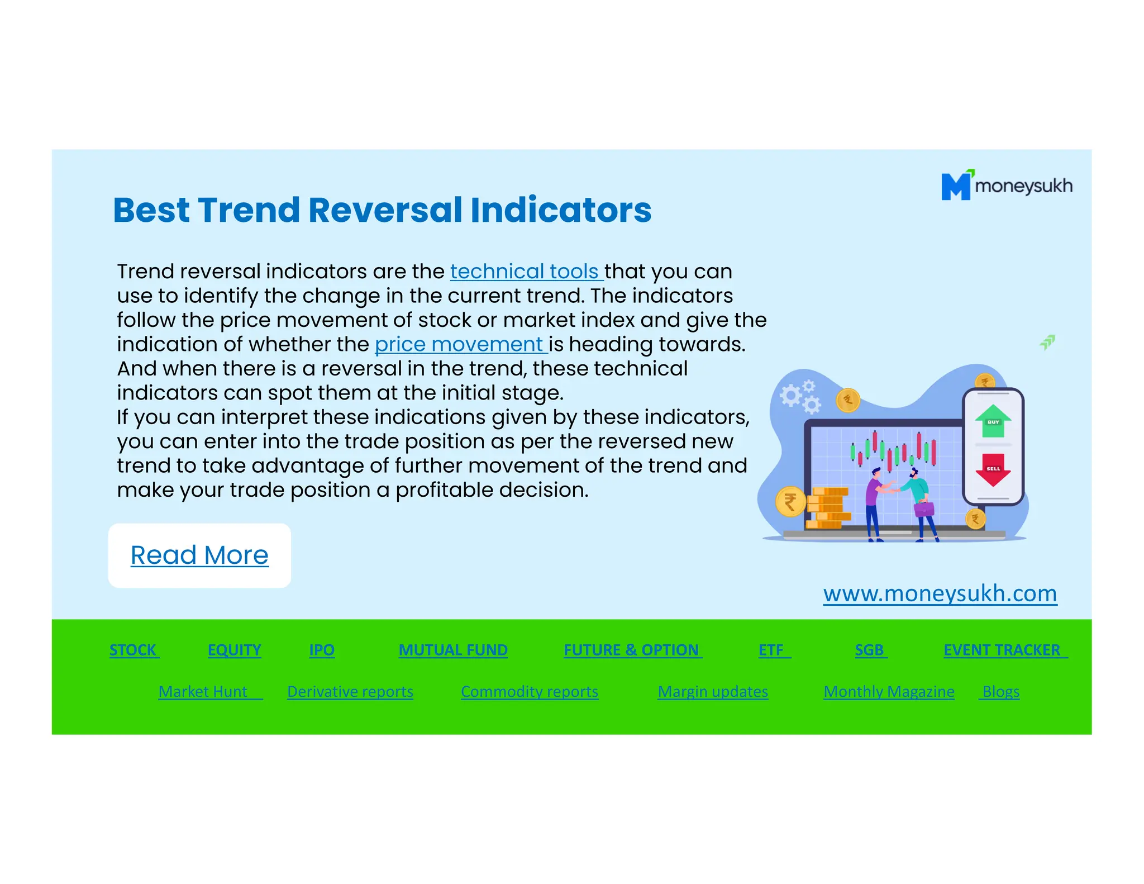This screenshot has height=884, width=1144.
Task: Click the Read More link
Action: coord(199,555)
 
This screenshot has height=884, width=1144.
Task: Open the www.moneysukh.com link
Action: coord(940,593)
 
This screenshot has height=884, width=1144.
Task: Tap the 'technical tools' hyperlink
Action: coord(526,272)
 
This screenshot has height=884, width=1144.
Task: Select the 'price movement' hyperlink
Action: coord(460,344)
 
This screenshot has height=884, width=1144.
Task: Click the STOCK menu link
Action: coord(133,650)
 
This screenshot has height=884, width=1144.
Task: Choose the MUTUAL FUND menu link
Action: coord(452,650)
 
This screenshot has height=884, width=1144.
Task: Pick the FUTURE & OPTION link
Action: coord(631,650)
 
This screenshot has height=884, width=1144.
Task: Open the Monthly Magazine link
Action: coord(889,692)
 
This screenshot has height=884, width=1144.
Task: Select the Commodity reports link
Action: coord(529,692)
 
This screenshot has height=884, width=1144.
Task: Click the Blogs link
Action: coord(1000,692)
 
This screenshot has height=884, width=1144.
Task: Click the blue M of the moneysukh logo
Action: coord(956,186)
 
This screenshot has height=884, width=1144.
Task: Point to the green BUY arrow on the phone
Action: coord(993,421)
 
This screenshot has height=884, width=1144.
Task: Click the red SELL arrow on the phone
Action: coord(993,469)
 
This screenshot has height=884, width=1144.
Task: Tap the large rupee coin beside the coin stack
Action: coord(790,502)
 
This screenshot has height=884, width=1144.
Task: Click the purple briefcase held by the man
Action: coord(923,508)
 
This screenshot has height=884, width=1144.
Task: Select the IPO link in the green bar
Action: coord(322,650)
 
